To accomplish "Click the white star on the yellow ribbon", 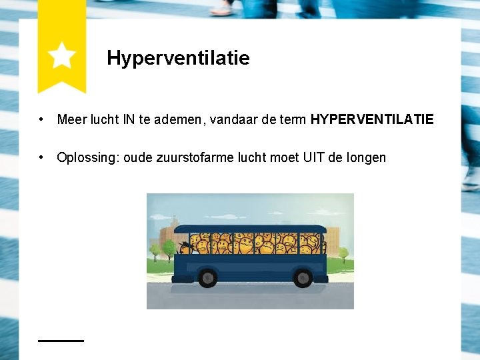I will point(61,55).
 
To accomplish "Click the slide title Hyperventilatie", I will point(178,58).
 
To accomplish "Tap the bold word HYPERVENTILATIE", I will point(372,120).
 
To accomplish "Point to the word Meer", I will point(71,120).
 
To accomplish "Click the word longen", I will point(366,158).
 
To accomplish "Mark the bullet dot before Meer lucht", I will point(41,120).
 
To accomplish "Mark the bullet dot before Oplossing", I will point(41,158).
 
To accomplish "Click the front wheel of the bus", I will point(207,277).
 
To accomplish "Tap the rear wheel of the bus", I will point(303,277).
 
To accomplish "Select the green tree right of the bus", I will point(344,254).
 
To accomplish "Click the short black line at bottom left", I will point(61,340).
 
